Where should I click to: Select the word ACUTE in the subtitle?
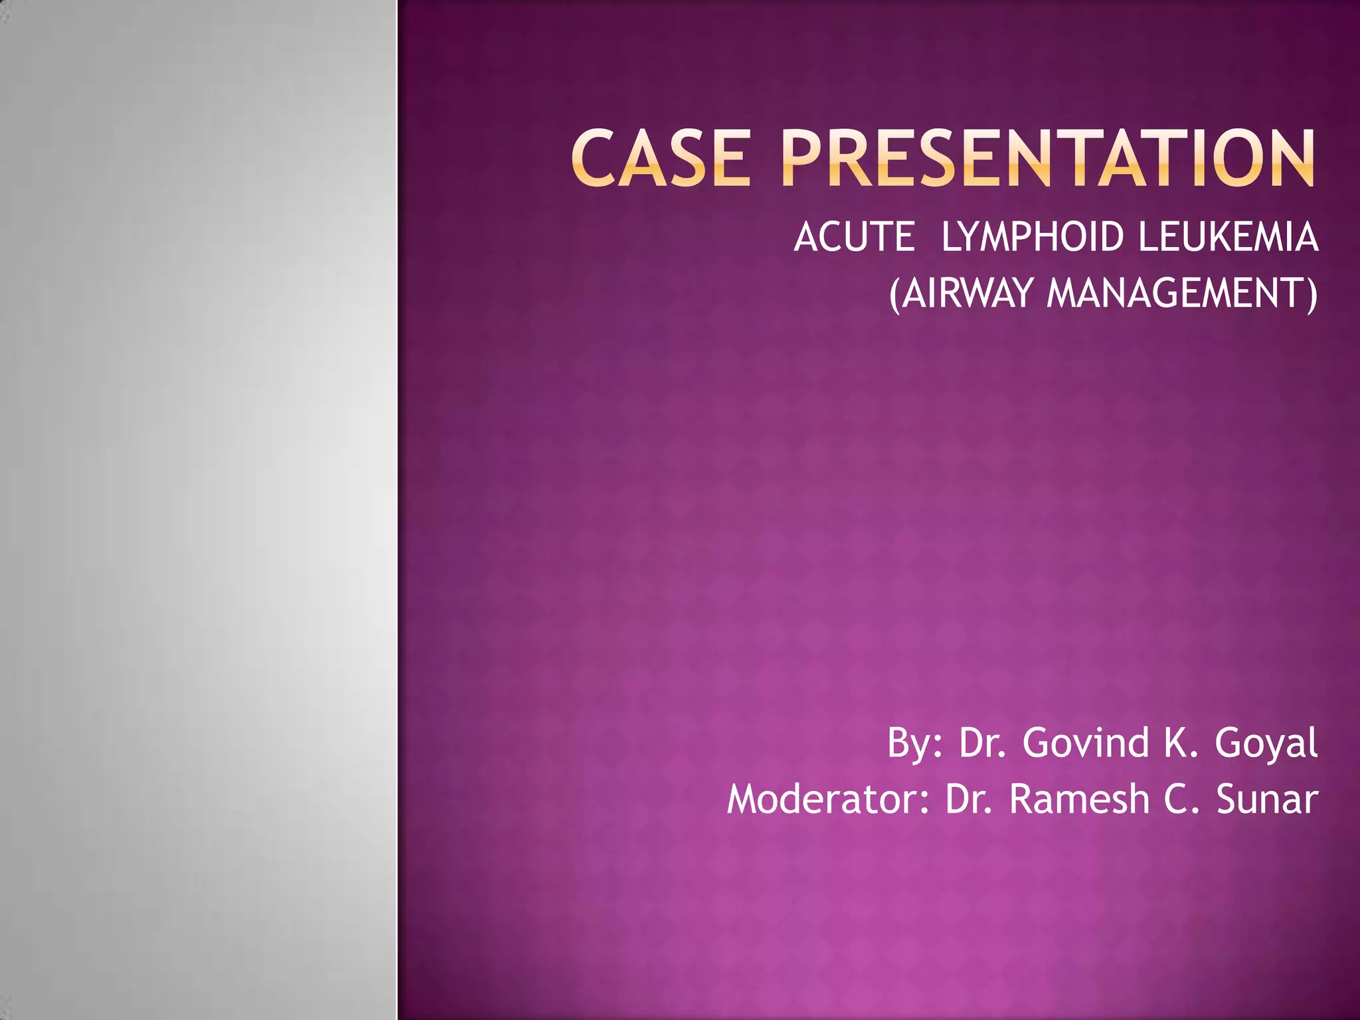tap(854, 237)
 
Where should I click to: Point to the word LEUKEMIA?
tap(1228, 237)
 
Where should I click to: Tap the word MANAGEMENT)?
tap(1182, 293)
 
